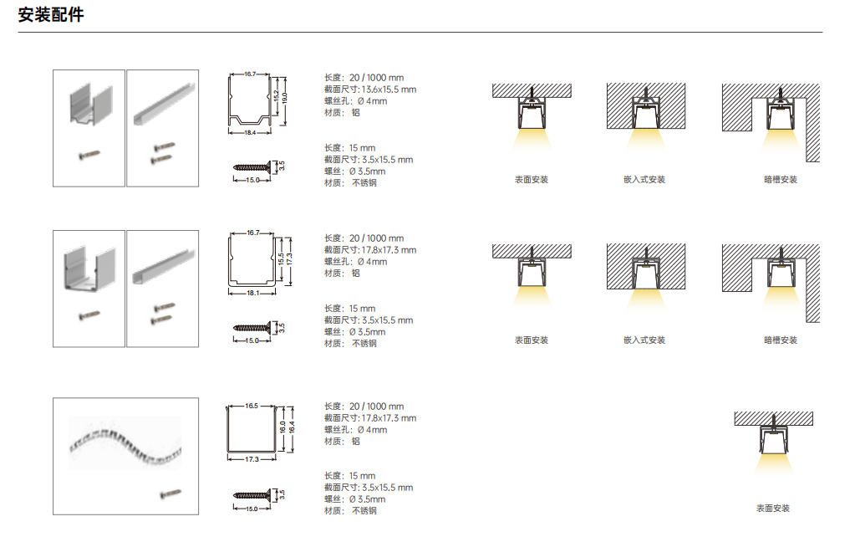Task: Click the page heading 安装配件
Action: click(x=51, y=15)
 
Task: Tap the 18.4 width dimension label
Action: click(x=250, y=133)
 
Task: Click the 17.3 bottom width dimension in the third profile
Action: click(x=252, y=459)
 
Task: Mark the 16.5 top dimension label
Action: click(x=252, y=406)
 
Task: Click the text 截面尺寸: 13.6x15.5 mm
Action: click(x=370, y=89)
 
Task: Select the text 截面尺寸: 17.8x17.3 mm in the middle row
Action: click(x=370, y=250)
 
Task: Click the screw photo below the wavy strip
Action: click(x=170, y=494)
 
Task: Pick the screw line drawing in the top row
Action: click(x=252, y=166)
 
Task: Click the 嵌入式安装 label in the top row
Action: click(x=644, y=180)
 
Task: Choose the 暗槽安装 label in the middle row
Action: click(x=781, y=340)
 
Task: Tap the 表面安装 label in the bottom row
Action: click(x=773, y=508)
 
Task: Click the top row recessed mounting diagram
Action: click(x=646, y=115)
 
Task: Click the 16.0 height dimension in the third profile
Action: click(x=282, y=427)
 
